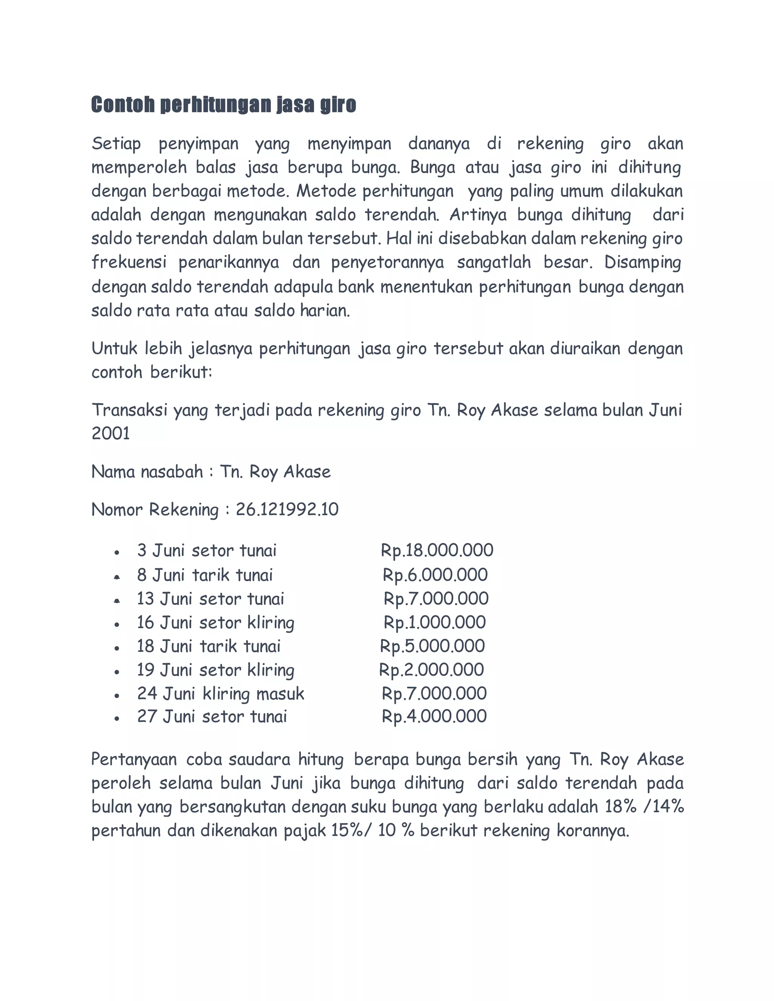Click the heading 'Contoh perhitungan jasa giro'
[x=223, y=105]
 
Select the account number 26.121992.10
[x=287, y=510]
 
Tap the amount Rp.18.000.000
[x=437, y=550]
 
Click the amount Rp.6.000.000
[x=435, y=575]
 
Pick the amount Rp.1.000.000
[x=435, y=623]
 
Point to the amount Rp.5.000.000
[x=432, y=646]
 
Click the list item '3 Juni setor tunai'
[x=207, y=550]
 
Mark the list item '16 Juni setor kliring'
[x=215, y=623]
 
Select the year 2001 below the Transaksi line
[x=110, y=434]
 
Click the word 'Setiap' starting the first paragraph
[x=116, y=144]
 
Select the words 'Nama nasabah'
[x=147, y=472]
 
